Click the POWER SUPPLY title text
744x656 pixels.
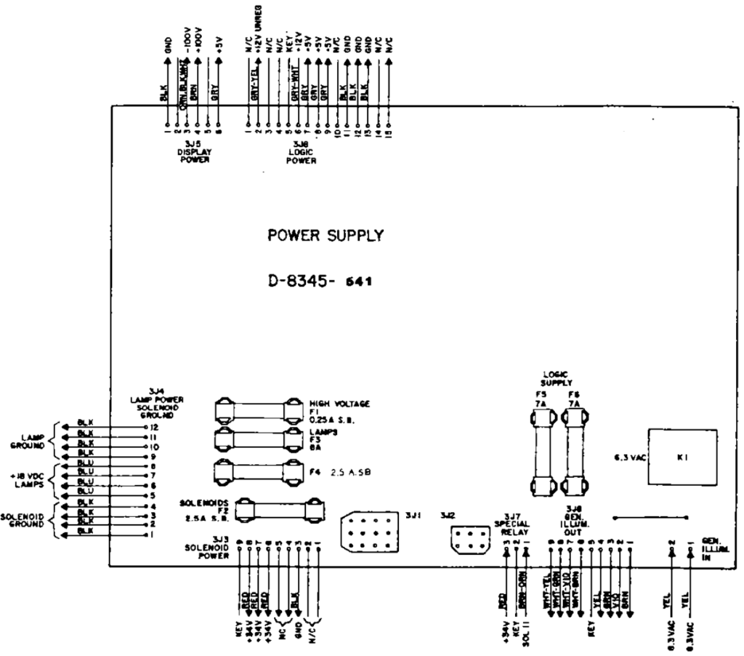325,236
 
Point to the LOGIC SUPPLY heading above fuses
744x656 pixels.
557,377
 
